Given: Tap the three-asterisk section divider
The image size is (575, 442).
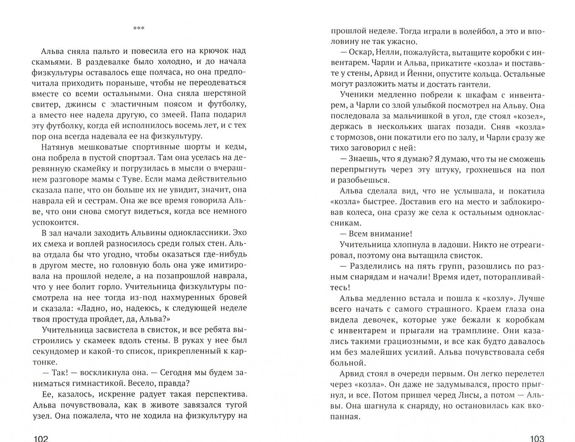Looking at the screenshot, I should (139, 28).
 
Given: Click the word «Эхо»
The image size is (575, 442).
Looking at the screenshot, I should (239, 232).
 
